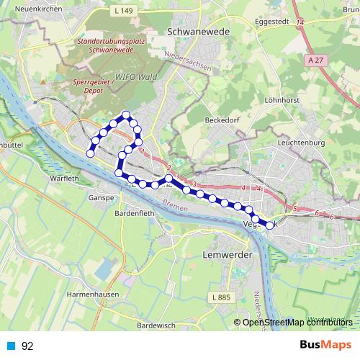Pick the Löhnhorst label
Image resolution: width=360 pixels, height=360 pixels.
[280, 102]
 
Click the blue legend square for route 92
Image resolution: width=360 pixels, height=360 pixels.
[11, 346]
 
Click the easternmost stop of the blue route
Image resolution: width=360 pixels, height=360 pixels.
[270, 225]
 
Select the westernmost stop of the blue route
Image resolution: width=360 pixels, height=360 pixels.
[91, 153]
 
